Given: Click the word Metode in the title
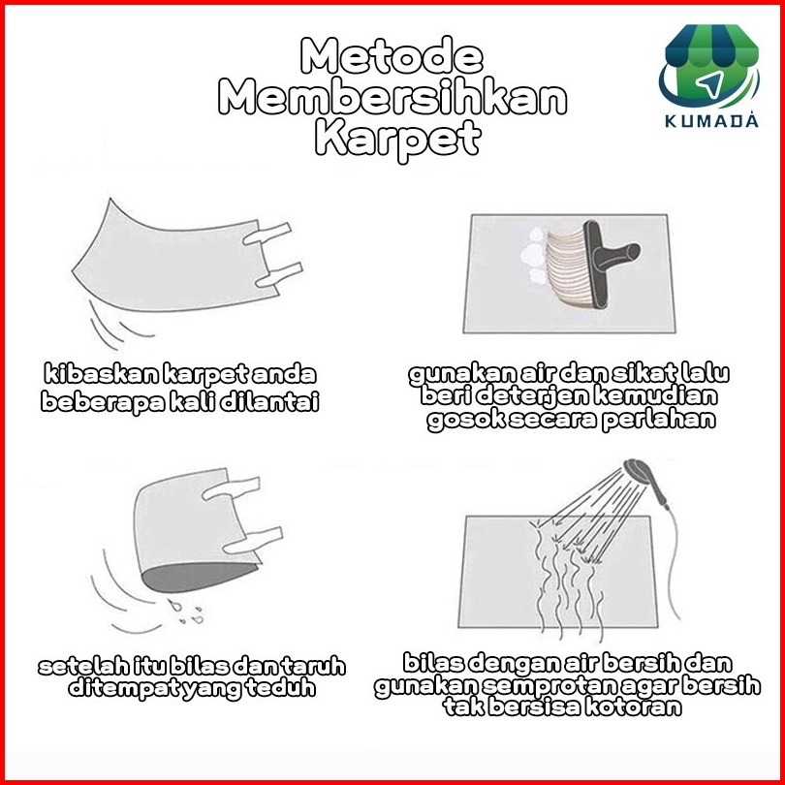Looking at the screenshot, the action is [x=392, y=55].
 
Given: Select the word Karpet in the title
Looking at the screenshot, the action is [x=398, y=139].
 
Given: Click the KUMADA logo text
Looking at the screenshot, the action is [x=711, y=120].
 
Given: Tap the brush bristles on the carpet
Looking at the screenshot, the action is [x=568, y=267].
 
